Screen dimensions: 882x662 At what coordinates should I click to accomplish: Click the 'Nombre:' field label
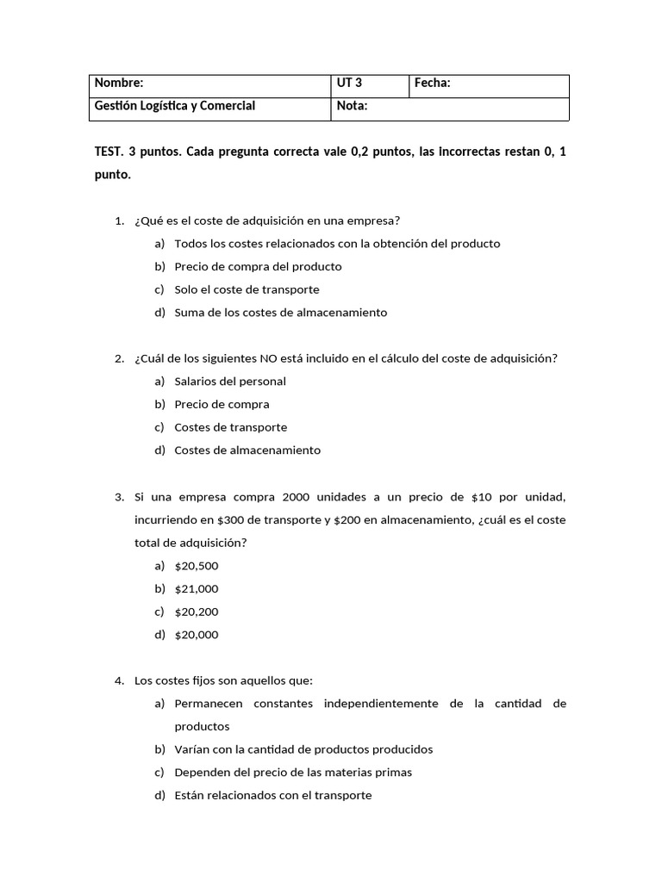pos(119,84)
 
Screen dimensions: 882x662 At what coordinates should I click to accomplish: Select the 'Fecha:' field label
pos(433,84)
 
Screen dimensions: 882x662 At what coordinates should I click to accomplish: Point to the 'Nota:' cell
pos(353,106)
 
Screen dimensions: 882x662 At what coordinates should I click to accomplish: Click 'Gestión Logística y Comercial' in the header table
pos(174,106)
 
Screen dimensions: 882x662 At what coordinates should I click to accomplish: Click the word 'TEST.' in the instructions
pos(108,152)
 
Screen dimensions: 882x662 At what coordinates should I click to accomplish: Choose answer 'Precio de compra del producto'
pos(258,266)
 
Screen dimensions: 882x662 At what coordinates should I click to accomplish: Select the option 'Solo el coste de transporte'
pos(247,289)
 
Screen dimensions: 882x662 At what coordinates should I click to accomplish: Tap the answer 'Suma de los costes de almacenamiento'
pos(280,313)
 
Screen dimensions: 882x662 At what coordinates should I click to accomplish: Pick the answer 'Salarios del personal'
pos(230,382)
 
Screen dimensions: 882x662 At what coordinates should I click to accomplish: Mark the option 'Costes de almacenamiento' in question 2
pos(247,450)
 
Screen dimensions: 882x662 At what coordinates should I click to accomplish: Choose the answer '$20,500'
pos(197,566)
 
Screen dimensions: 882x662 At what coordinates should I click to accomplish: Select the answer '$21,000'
pos(197,589)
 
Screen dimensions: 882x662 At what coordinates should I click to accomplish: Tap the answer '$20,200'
pos(197,612)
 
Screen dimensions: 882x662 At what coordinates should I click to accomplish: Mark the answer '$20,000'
pos(197,635)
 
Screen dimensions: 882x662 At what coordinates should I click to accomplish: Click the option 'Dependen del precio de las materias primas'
pos(293,772)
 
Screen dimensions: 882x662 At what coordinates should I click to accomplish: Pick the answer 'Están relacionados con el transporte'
pos(273,795)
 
